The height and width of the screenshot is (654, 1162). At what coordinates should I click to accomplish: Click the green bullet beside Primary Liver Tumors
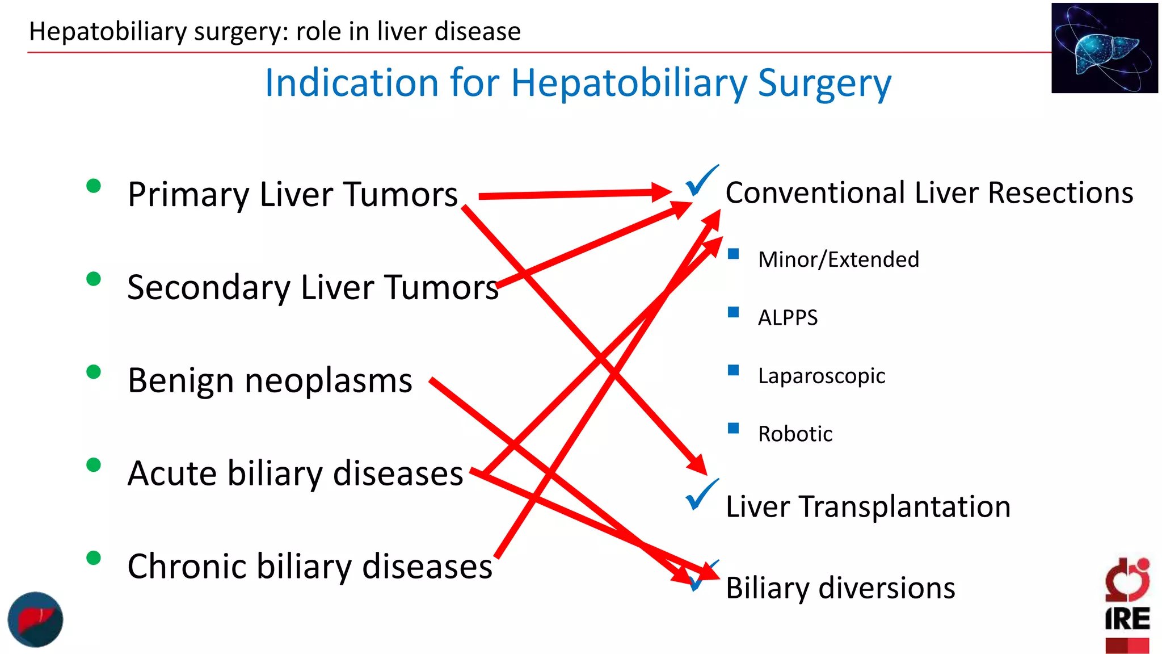click(x=94, y=186)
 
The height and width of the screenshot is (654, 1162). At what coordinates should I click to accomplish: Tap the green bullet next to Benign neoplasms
click(x=94, y=372)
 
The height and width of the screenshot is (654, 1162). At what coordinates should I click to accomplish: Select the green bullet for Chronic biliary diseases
click(x=94, y=558)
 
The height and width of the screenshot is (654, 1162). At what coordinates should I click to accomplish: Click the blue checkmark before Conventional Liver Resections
click(x=701, y=182)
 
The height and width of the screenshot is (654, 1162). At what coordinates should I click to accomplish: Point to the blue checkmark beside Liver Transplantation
click(x=701, y=495)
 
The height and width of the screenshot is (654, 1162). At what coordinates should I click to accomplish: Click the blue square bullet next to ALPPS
click(x=734, y=312)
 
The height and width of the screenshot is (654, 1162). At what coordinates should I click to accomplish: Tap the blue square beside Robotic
click(x=734, y=428)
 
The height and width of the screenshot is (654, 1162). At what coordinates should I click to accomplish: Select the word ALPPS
click(x=788, y=317)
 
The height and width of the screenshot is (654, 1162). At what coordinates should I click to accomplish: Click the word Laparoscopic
click(x=822, y=376)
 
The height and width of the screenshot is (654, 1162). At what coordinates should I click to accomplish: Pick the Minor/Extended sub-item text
click(x=839, y=259)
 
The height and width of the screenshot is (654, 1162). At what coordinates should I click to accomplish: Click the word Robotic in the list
click(x=795, y=434)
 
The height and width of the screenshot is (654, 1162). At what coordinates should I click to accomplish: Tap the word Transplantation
click(x=905, y=506)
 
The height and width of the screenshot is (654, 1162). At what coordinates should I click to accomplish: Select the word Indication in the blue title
click(x=352, y=83)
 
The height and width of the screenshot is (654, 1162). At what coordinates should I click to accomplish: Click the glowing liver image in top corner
click(x=1104, y=48)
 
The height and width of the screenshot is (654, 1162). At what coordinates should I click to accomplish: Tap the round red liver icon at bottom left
click(x=35, y=619)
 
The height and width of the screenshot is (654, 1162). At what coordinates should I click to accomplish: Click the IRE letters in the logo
click(x=1127, y=618)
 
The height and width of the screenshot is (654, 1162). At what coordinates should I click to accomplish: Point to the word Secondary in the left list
click(x=208, y=287)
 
